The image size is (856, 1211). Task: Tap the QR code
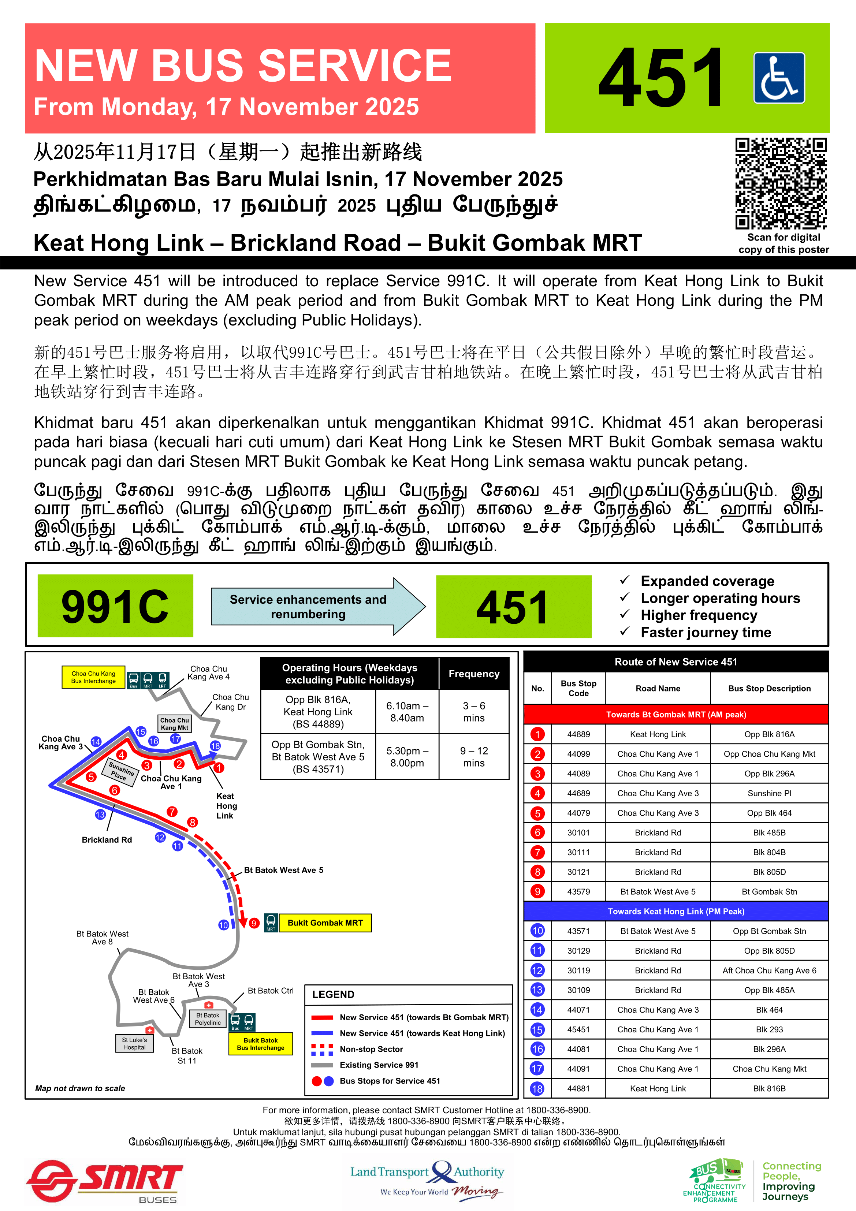point(781,183)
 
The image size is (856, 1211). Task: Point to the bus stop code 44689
point(578,793)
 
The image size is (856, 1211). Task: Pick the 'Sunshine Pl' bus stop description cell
point(769,793)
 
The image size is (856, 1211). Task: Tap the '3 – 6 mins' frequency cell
point(474,712)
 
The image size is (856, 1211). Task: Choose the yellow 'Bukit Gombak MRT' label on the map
point(325,923)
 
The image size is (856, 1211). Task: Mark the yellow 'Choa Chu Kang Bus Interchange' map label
point(93,677)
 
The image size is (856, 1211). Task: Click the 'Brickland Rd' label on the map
point(107,840)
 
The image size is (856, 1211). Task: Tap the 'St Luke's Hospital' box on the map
point(134,1043)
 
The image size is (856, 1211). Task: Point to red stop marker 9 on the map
point(254,923)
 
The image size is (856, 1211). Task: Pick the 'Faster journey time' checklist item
point(705,632)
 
